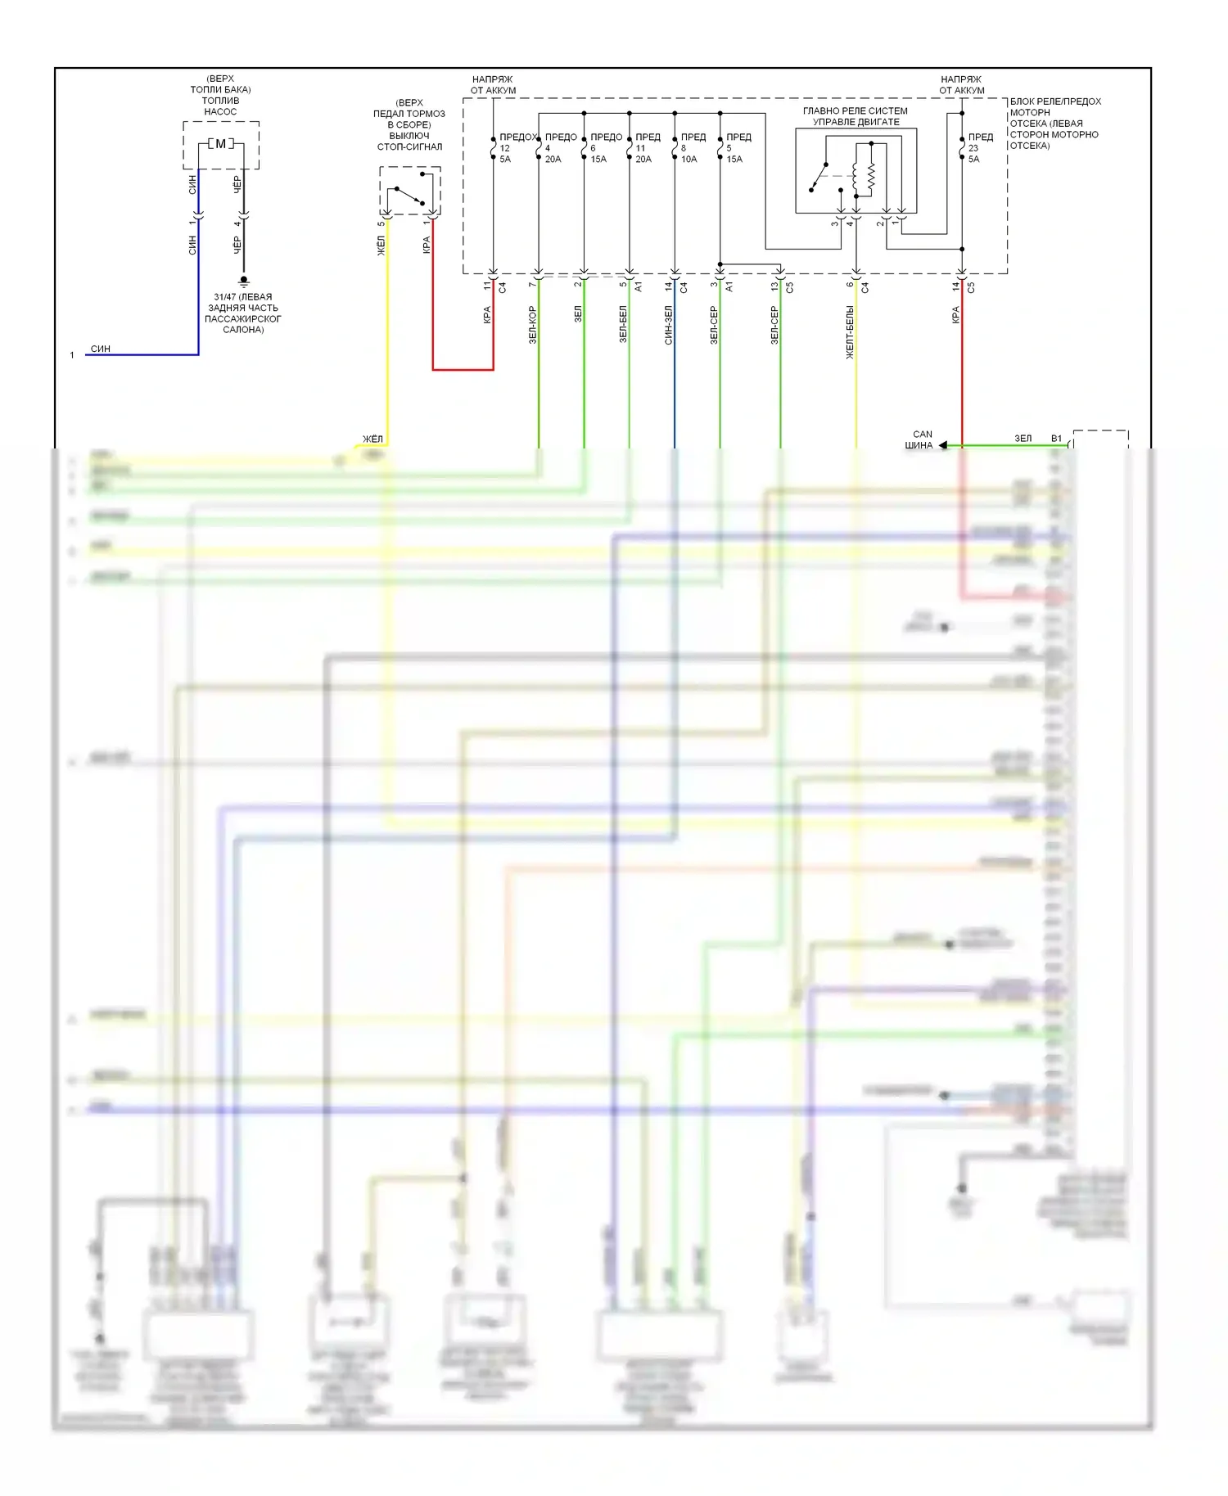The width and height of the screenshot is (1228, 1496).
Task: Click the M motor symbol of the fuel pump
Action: coord(220,144)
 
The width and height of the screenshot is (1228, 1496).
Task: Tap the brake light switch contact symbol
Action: coord(410,196)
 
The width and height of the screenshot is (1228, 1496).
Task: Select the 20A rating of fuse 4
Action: coord(553,160)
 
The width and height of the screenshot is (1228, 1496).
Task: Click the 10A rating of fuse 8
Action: coord(689,160)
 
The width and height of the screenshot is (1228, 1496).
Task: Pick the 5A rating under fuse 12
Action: coord(505,160)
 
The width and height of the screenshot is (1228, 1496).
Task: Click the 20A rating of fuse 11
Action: coord(643,160)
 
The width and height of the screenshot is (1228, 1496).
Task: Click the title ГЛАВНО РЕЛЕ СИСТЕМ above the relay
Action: coord(856,111)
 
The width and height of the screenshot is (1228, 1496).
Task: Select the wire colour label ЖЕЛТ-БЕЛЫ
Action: coord(850,332)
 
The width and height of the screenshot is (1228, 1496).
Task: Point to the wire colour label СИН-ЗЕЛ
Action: coord(669,325)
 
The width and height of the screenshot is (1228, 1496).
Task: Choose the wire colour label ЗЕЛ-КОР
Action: coord(533,325)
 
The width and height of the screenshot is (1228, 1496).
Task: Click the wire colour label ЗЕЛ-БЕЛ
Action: coord(623,324)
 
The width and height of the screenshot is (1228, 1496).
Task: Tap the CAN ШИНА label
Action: coord(919,440)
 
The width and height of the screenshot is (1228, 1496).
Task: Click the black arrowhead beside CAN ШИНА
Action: coord(943,445)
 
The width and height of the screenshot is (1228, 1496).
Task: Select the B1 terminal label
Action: coord(1056,439)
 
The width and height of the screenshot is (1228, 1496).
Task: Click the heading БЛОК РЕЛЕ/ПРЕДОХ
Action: coord(1055,101)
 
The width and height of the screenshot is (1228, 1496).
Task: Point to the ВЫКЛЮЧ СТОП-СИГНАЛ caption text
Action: coord(409,141)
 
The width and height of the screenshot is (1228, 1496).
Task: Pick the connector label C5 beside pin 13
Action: coord(790,287)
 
